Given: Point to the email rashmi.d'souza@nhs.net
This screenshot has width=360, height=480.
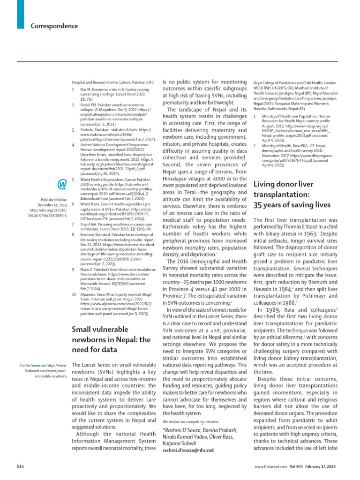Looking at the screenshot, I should (x=188, y=450).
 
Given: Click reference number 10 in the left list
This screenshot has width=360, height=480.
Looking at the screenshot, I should (x=74, y=294).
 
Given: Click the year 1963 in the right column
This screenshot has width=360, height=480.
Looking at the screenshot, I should (x=309, y=232).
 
